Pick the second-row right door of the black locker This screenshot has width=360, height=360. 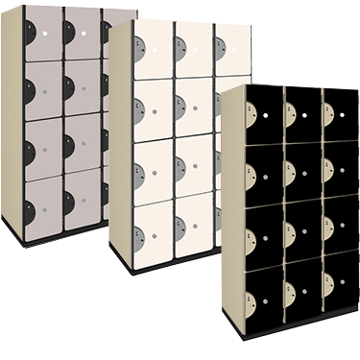[x=337, y=171]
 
